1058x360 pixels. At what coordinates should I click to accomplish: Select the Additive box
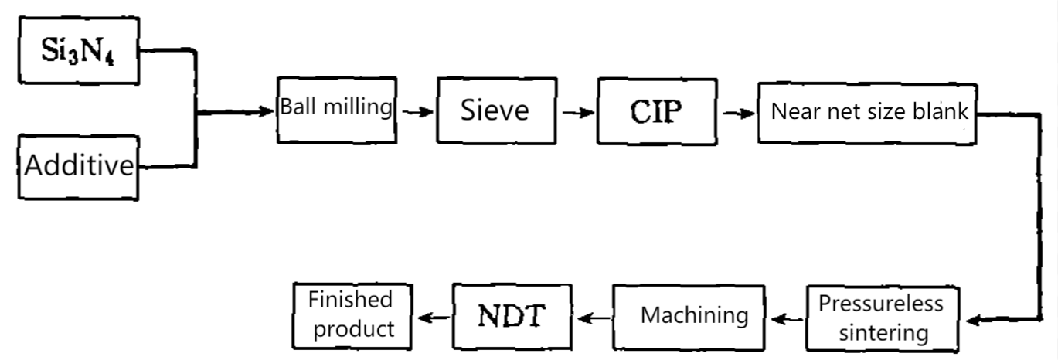click(79, 167)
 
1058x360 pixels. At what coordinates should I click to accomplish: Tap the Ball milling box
click(337, 109)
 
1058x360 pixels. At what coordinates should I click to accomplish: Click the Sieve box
click(496, 110)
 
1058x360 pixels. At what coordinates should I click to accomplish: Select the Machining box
click(694, 316)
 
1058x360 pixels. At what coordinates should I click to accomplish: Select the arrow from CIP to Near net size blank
click(737, 114)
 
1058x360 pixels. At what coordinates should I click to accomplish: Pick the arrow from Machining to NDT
click(594, 317)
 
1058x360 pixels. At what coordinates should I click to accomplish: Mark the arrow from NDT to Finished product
click(432, 317)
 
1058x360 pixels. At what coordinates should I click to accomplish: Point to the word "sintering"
click(883, 333)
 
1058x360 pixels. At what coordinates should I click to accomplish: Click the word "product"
click(352, 328)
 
